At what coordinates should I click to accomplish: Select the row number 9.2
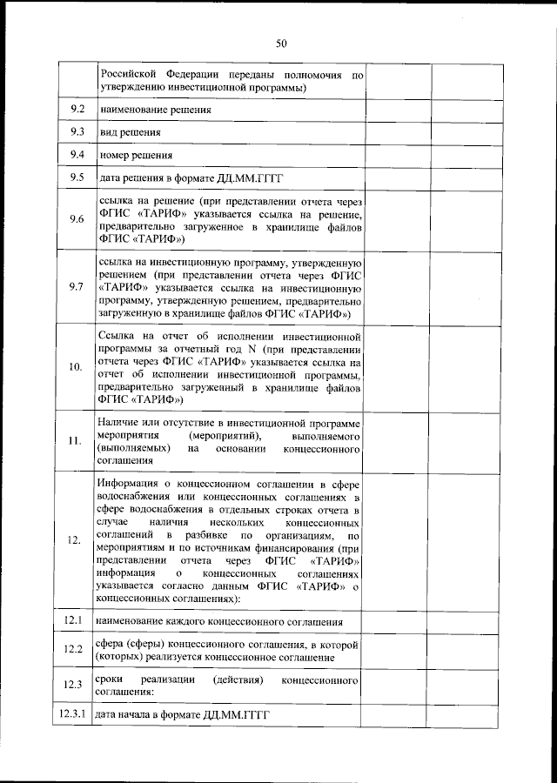pos(77,110)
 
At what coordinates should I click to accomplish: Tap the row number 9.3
pos(77,132)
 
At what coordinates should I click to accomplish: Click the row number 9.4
pos(77,155)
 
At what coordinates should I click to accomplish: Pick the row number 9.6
pos(77,219)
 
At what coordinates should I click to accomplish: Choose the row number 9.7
pos(77,286)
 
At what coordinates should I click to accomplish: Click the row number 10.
pos(77,366)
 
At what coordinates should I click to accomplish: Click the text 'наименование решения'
pos(155,111)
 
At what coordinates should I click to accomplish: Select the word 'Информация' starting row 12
pos(131,484)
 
